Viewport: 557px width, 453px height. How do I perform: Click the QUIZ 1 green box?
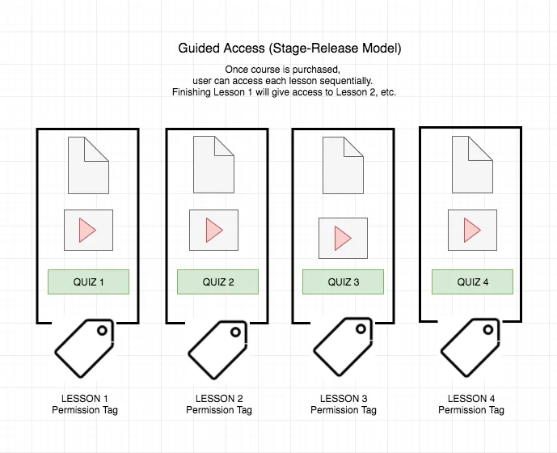(88, 282)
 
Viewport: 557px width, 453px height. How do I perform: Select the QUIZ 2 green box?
(217, 282)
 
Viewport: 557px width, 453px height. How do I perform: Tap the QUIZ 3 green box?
(343, 282)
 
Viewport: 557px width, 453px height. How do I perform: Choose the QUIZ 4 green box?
(472, 282)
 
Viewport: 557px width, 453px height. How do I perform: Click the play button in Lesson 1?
(88, 230)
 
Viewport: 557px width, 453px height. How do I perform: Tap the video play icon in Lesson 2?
(214, 230)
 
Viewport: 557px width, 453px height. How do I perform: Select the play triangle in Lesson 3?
(343, 238)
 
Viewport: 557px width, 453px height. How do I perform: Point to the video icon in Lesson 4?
(472, 230)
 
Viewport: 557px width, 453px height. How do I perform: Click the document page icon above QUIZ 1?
(88, 165)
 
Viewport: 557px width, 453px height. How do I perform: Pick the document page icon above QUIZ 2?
(214, 165)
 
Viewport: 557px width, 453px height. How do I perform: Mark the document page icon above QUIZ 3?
(343, 165)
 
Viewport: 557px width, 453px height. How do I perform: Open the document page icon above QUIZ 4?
(472, 165)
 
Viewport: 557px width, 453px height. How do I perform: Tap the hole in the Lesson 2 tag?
(235, 332)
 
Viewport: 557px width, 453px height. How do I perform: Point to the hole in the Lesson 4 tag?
(488, 329)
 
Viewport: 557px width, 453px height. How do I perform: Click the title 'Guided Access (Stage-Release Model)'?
(289, 48)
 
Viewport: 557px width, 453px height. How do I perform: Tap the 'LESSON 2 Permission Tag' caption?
(219, 404)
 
